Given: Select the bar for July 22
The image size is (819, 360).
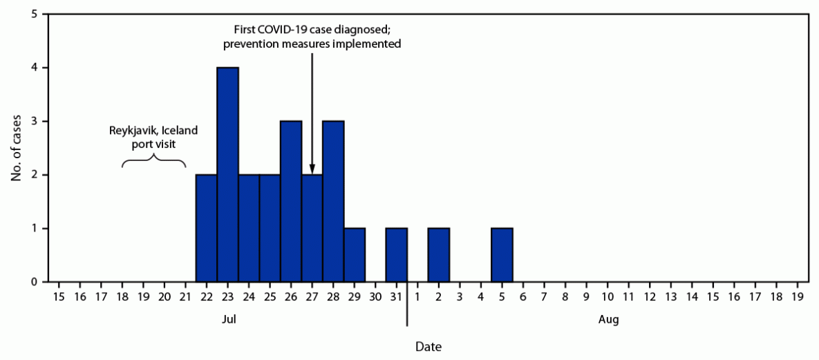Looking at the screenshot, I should tap(206, 228).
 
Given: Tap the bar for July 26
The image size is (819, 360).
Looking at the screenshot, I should tap(291, 201).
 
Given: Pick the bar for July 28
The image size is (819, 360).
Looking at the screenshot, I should tap(333, 201).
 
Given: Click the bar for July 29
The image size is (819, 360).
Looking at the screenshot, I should tap(355, 255).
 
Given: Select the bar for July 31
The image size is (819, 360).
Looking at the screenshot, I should tap(397, 255).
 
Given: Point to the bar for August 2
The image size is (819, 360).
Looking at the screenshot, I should tap(439, 255).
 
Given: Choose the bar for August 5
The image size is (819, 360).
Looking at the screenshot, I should tap(502, 255).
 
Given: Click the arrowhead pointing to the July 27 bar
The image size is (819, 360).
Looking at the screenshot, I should tap(312, 169).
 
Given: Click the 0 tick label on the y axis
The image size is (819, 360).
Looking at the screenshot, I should tap(34, 282).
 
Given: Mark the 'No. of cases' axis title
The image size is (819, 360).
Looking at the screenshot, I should tap(15, 148).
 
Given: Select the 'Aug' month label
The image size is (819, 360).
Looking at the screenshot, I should tap(608, 320).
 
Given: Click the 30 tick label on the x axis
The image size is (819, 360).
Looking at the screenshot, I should tap(375, 296).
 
